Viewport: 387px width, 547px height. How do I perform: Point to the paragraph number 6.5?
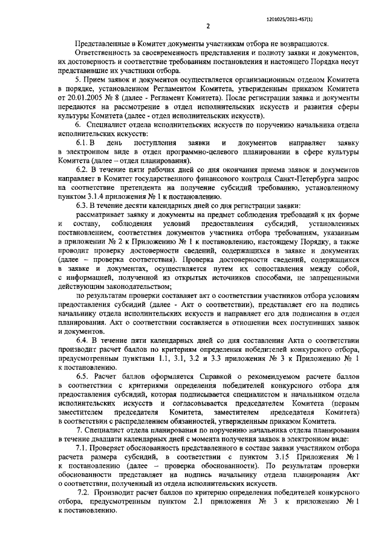coord(83,375)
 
